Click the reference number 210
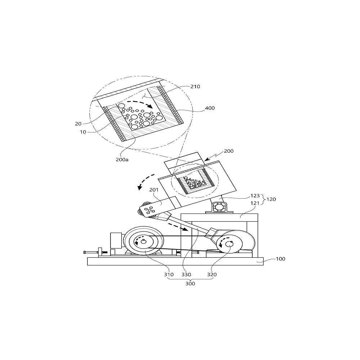coord(195,86)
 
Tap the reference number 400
coord(210,108)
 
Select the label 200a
coord(122,159)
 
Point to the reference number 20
coord(78,124)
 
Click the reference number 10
coord(83,132)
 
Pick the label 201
coord(154,190)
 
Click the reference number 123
coord(255,196)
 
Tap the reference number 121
coord(255,203)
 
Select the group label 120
coord(271,199)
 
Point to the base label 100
coord(280,259)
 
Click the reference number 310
coord(169,275)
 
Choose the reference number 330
coord(186,275)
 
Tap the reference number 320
coord(212,275)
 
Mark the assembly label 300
coord(190,284)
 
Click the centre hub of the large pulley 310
coord(143,241)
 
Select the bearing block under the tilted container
coord(220,207)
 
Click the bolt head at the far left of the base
coord(85,252)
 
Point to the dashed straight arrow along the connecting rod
coord(178,226)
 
